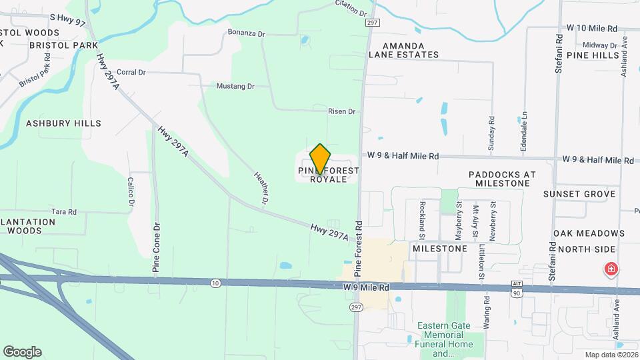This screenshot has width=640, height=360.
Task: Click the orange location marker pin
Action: [321, 159]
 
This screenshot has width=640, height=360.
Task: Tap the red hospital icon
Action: [610, 269]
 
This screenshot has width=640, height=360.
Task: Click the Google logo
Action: [22, 352]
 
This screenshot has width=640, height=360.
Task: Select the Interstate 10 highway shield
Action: [215, 283]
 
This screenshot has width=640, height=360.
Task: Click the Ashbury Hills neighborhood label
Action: [63, 123]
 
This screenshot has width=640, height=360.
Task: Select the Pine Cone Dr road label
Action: [157, 246]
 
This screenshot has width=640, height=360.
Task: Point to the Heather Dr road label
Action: [261, 188]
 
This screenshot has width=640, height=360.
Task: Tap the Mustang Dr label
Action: [235, 86]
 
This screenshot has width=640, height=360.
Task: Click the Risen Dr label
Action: [342, 111]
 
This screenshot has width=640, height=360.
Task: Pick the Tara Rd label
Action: [64, 211]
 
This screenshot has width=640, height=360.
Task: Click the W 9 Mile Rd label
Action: [366, 287]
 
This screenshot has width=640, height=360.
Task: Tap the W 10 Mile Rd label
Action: [592, 29]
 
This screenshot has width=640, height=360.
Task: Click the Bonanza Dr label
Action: [246, 32]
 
